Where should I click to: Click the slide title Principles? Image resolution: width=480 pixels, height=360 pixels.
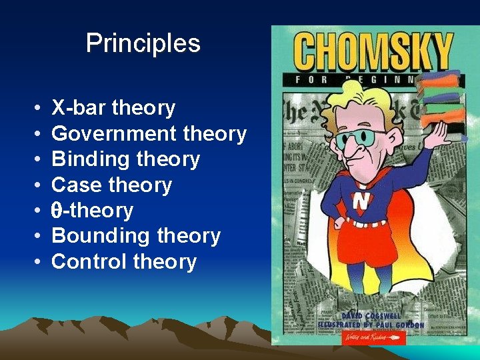point(143,43)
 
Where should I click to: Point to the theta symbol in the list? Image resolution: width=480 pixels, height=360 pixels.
point(57,211)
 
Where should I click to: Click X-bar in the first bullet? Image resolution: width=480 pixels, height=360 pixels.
point(79,108)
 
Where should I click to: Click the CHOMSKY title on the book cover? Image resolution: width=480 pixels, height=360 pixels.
point(373,53)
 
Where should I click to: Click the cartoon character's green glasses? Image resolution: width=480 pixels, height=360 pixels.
point(359,139)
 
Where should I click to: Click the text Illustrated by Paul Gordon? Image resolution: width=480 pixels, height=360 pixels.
point(371,325)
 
